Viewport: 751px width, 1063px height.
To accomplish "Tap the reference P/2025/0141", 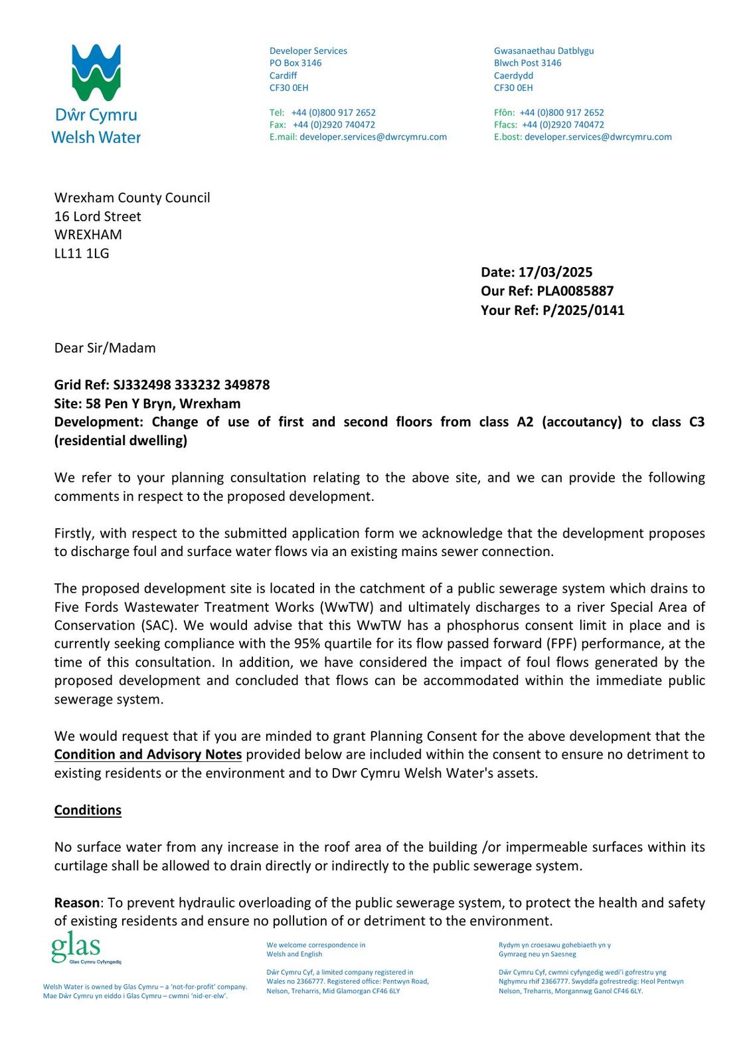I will click(x=583, y=310).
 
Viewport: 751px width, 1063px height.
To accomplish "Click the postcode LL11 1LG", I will click(x=82, y=253).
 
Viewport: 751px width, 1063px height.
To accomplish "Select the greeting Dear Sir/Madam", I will click(x=105, y=348).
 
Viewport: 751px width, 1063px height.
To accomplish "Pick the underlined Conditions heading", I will click(x=88, y=810).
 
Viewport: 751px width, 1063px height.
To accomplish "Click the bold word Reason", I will click(x=76, y=902).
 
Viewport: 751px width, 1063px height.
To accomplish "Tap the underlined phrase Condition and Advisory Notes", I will click(x=148, y=754).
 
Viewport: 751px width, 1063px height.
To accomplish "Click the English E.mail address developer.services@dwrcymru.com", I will click(x=373, y=137).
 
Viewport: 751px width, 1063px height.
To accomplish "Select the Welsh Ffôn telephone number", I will click(x=562, y=112).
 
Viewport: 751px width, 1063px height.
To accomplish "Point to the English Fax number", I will click(x=334, y=124).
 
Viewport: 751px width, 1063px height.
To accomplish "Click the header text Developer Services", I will click(x=308, y=50).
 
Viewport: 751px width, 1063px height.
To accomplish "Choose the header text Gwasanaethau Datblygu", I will click(x=544, y=50).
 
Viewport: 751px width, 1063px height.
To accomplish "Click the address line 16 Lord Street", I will click(x=98, y=216).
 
